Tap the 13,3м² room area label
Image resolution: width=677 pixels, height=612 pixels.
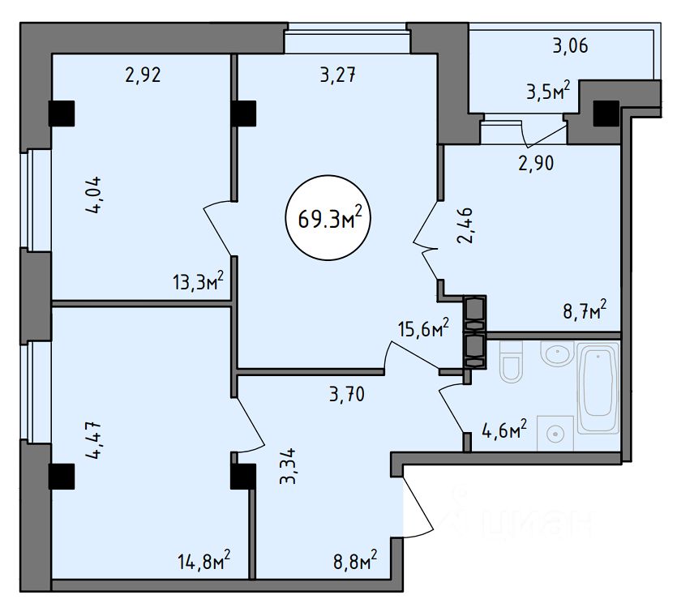pos(198,282)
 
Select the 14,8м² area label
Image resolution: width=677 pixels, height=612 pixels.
pos(204,561)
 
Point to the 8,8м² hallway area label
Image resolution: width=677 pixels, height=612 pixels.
pos(355,561)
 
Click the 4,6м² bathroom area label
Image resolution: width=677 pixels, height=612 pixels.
pos(504,430)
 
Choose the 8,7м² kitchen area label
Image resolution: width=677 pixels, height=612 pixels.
pos(585,310)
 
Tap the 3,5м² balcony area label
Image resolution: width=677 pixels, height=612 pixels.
pos(548,91)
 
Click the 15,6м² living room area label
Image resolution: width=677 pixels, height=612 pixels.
pos(423,330)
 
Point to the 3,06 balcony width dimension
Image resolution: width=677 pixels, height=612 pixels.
pos(570,45)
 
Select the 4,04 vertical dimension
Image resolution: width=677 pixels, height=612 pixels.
pos(94,195)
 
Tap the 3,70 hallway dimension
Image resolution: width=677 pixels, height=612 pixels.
pos(347,394)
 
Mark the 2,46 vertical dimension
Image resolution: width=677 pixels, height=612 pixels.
pos(465,225)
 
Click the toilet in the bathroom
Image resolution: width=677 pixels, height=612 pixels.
pos(512,362)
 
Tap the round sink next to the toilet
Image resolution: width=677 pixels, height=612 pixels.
pos(557,353)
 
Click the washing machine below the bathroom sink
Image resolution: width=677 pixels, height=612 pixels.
pos(555,434)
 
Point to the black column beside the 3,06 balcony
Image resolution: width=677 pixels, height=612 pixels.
pos(606,113)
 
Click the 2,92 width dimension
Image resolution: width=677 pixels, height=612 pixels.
pos(143,75)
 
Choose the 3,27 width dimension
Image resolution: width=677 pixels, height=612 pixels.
pos(338,75)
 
